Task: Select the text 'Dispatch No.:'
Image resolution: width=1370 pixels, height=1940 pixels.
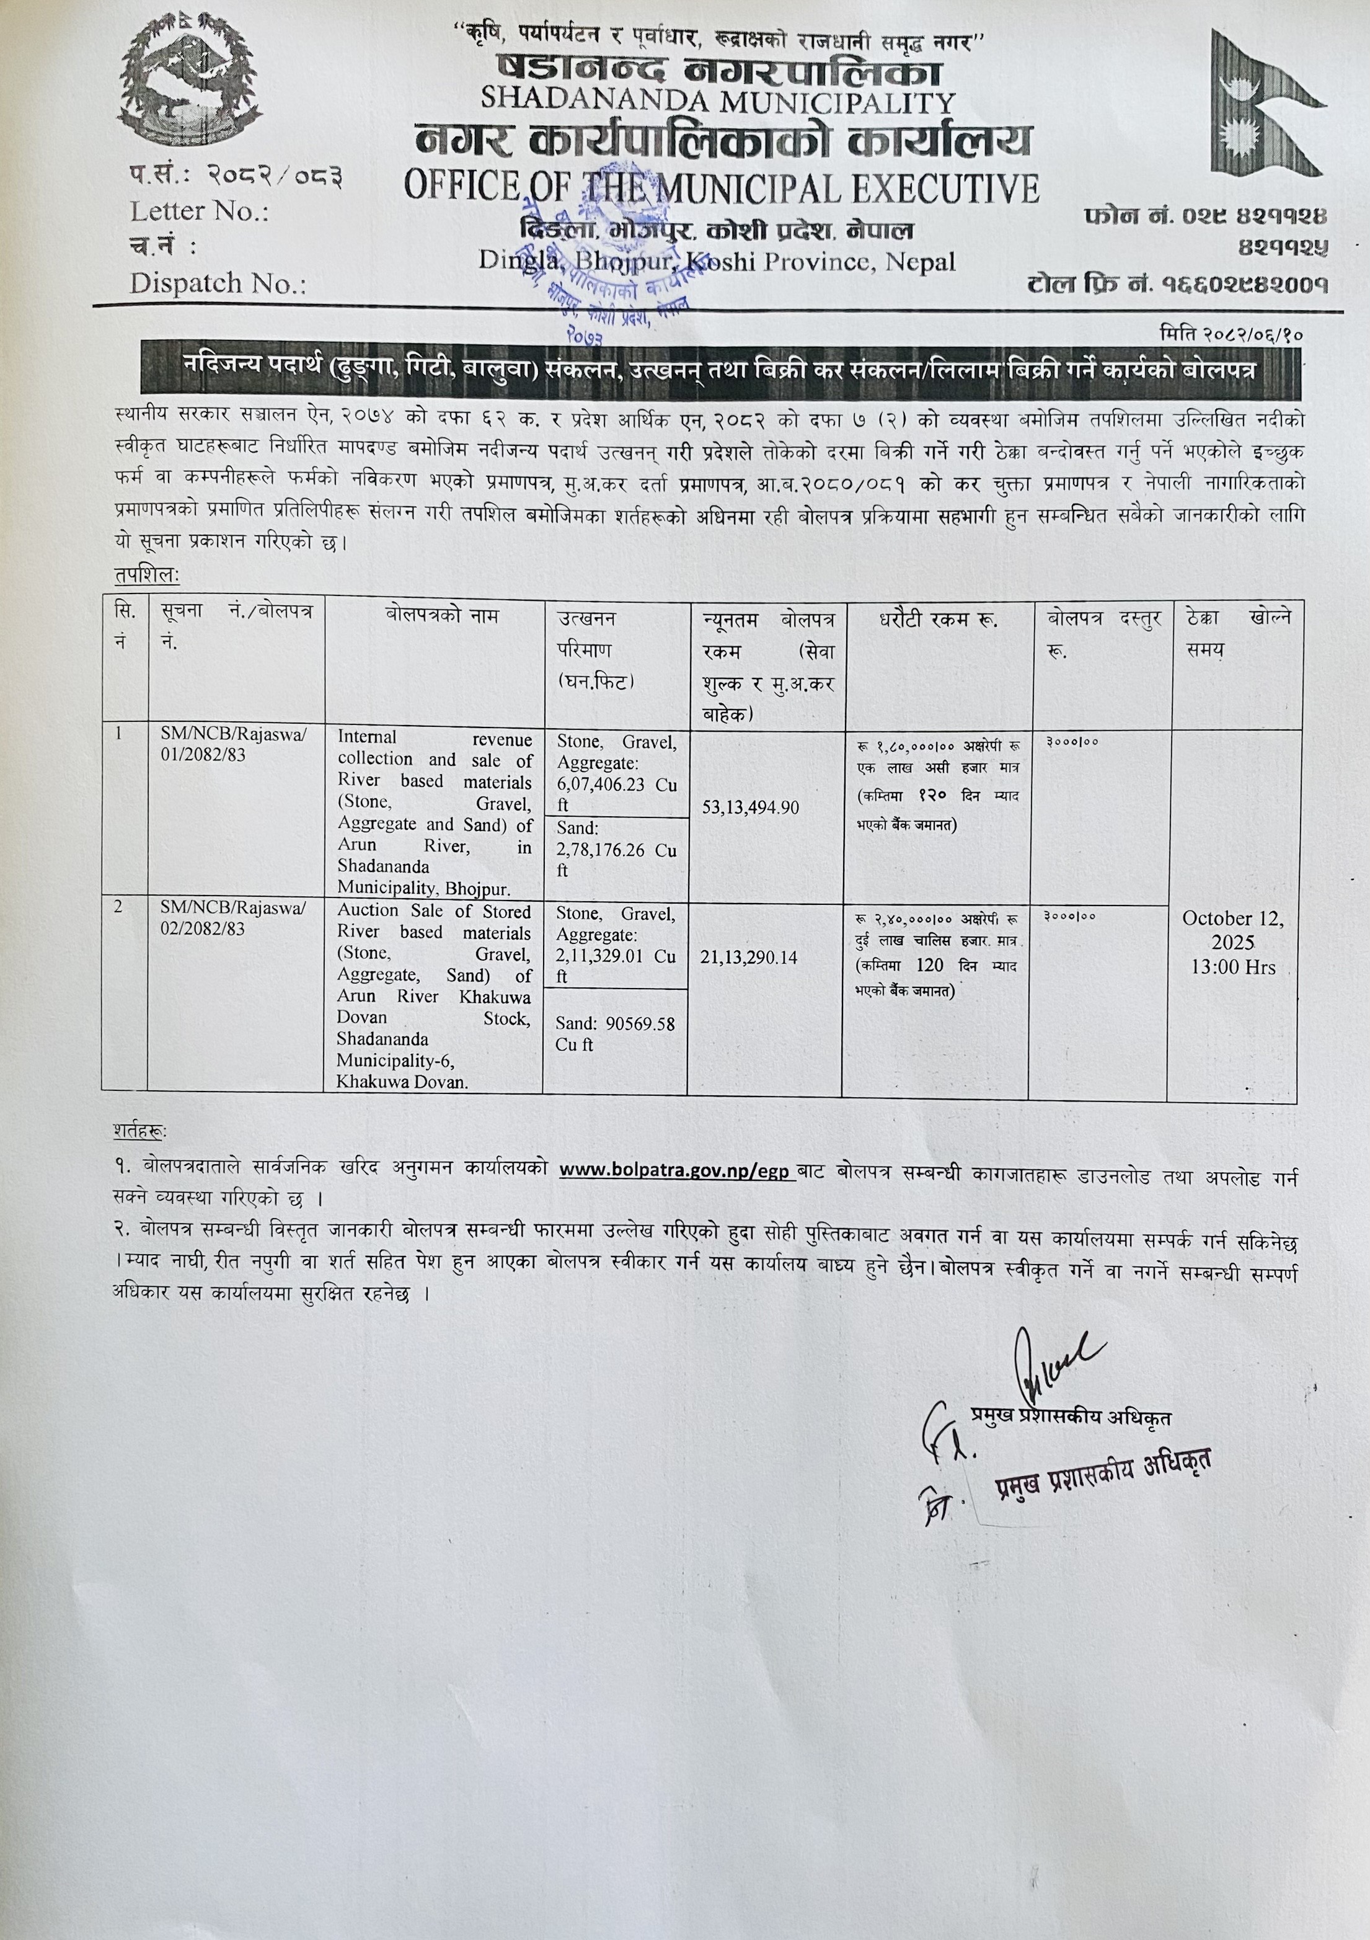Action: (x=218, y=283)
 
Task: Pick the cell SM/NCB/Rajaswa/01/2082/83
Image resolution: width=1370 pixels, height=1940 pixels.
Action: (x=234, y=744)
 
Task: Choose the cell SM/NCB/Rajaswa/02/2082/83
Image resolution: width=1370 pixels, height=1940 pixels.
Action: (x=234, y=919)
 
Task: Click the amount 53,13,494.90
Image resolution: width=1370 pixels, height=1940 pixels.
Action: (x=751, y=808)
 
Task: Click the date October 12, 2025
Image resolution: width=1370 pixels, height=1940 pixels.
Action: (x=1233, y=930)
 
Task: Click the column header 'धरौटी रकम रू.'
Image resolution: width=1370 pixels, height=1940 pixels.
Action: (x=937, y=620)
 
